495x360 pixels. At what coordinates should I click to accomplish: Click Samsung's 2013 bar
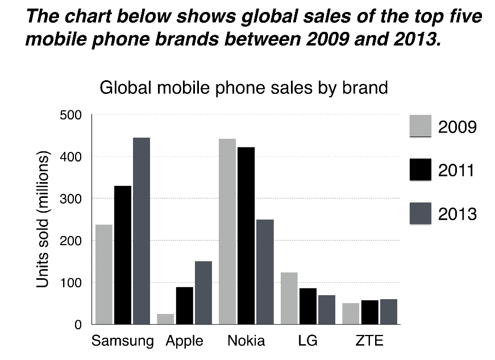pos(142,231)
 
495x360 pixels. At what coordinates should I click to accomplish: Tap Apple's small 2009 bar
pos(165,319)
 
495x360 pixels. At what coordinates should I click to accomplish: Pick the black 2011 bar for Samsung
pos(123,255)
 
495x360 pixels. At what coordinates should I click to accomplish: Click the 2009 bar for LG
pos(289,299)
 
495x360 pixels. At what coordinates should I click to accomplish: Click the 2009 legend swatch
pos(421,126)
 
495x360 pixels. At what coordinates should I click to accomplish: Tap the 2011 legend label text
pos(457,170)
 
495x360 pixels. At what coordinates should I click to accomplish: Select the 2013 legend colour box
pos(421,213)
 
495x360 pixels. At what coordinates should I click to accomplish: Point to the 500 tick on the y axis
pos(70,115)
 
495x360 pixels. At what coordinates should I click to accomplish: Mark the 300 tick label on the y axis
pos(70,199)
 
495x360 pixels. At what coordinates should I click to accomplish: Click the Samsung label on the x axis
pos(122,341)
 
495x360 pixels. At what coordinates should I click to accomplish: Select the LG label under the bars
pos(307,341)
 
